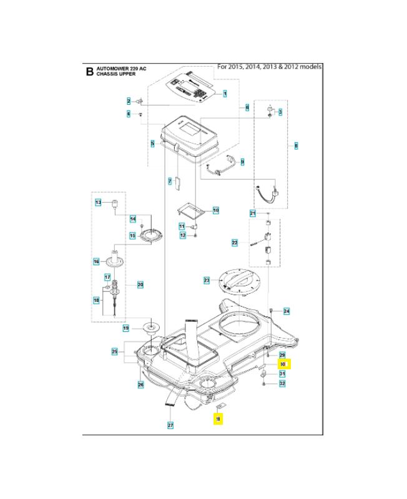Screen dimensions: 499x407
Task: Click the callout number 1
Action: click(225, 94)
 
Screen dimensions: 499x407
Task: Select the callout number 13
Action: click(98, 203)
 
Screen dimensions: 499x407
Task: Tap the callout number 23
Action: click(207, 281)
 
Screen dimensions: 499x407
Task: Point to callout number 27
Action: click(170, 425)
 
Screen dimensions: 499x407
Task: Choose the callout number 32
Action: click(282, 384)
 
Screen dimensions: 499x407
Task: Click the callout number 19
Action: click(125, 328)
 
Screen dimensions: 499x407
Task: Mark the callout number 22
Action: click(235, 242)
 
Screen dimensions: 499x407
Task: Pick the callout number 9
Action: click(242, 162)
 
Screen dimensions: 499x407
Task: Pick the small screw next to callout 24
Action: click(270, 309)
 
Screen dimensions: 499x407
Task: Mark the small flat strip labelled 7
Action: click(177, 182)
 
